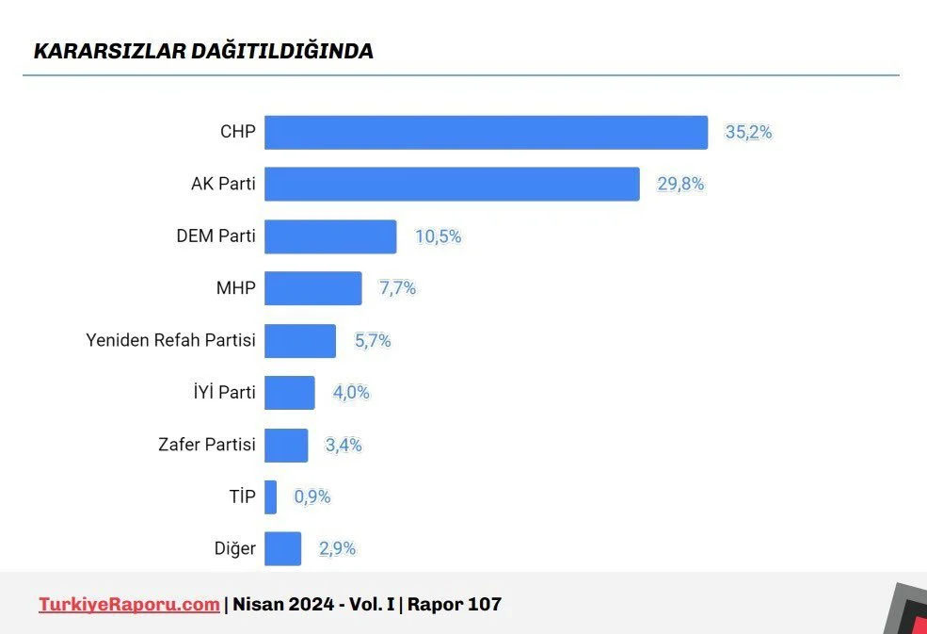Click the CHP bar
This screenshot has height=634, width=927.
[x=486, y=133]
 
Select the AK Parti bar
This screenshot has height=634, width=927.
[x=452, y=185]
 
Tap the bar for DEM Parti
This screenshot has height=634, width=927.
[x=330, y=236]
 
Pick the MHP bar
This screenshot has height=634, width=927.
[x=312, y=288]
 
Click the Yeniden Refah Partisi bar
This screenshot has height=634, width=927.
[x=299, y=341]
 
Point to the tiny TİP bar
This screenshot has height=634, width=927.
[x=270, y=496]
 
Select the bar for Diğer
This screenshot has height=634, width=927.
[x=282, y=548]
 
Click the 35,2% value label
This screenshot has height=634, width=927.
[x=748, y=133]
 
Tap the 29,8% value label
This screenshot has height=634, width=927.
[x=680, y=185]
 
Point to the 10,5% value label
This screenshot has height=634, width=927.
[x=439, y=236]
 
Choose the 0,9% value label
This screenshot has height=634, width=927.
[x=312, y=496]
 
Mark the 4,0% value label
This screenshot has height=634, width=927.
[x=351, y=393]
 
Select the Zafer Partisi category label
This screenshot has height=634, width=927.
[x=207, y=445]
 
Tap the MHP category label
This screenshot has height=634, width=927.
[x=235, y=288]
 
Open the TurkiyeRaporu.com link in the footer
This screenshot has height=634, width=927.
[x=129, y=604]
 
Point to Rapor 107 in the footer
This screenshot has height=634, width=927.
[x=455, y=604]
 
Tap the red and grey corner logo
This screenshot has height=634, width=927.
[x=905, y=610]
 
